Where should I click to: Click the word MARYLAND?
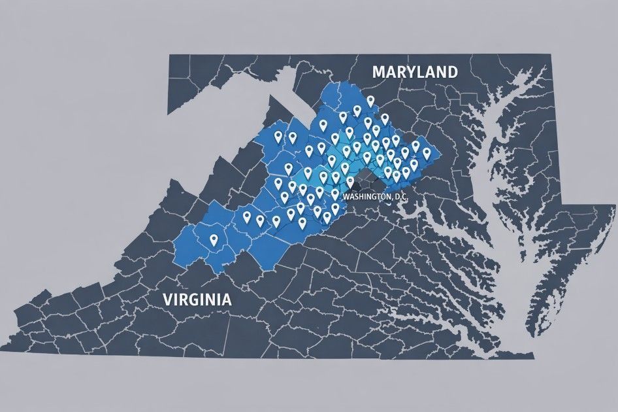tap(414, 72)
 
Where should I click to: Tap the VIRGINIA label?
tap(197, 300)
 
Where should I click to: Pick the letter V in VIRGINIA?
tap(167, 300)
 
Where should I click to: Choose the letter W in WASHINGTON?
tap(346, 196)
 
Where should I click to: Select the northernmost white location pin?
tap(370, 101)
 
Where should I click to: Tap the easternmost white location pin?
tap(427, 152)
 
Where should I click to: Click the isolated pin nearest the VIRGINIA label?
tap(213, 240)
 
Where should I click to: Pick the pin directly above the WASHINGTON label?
tap(350, 181)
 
